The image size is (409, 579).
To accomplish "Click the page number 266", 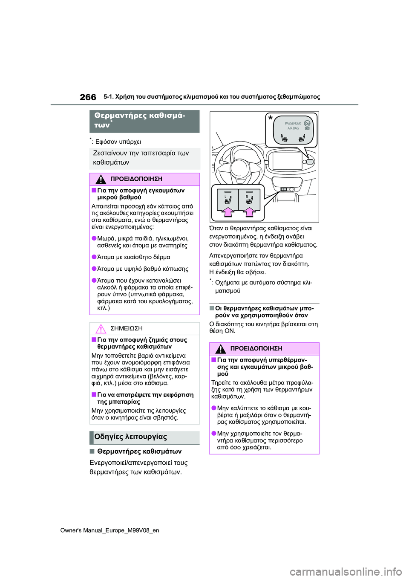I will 88,97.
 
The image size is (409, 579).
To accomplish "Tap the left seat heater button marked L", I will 228,198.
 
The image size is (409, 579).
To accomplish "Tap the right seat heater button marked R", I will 249,198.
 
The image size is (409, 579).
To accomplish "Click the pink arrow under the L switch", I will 228,211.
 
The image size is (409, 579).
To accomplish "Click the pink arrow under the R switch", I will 249,211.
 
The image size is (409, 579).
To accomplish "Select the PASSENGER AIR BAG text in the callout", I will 293,126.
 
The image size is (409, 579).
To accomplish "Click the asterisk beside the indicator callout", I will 270,119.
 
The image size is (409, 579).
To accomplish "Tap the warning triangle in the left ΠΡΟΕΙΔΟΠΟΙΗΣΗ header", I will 101,179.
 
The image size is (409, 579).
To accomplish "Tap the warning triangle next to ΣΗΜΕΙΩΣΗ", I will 101,329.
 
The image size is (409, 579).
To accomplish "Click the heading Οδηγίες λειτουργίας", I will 130,437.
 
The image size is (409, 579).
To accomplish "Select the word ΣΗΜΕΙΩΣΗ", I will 126,329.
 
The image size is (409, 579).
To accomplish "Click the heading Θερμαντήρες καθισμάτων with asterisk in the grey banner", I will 139,120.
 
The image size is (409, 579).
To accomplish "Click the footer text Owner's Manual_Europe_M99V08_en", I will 109,530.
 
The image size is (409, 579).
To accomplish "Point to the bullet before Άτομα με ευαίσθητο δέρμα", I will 94,257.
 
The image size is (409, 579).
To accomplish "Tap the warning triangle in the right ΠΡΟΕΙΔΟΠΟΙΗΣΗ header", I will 220,349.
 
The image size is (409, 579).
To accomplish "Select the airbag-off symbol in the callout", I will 307,123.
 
